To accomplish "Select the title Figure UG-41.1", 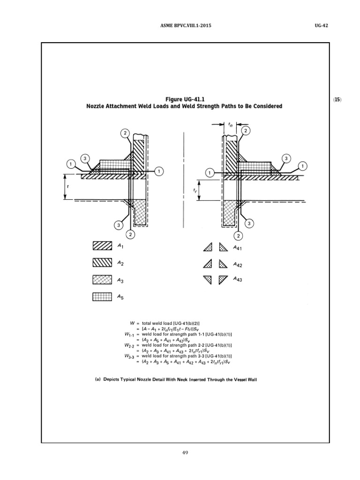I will [x=184, y=99].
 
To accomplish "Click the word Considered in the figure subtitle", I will [x=266, y=106].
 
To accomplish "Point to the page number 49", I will [x=184, y=452].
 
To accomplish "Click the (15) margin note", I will [x=337, y=100].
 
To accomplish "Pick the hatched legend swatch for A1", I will [x=103, y=246].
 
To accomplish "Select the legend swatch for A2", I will [x=103, y=262].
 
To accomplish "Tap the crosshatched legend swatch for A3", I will [x=103, y=279].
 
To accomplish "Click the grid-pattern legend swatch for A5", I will [x=103, y=296].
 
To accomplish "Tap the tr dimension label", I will [x=195, y=191].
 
